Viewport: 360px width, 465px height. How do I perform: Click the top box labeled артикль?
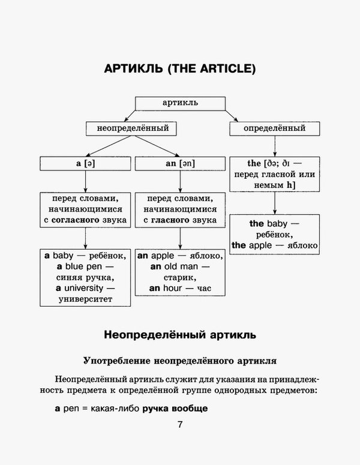180,103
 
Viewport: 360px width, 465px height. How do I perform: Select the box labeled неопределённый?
128,128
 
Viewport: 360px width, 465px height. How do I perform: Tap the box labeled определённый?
274,128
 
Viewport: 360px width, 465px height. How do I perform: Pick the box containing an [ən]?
180,163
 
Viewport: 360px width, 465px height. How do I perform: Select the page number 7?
179,425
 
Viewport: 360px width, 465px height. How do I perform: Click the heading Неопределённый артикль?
180,334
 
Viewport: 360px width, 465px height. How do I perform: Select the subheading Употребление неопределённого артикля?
180,361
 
